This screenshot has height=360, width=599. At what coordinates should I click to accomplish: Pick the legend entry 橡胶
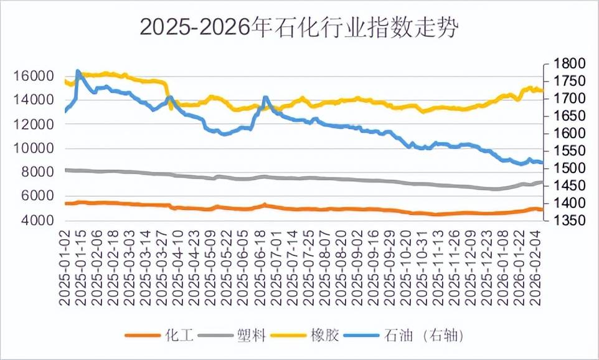[x=325, y=336]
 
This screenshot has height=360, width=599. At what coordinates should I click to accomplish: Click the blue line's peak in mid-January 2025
[x=78, y=70]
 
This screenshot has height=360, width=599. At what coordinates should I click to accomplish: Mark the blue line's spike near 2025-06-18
[x=265, y=97]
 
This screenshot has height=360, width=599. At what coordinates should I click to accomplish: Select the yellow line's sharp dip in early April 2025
[x=171, y=109]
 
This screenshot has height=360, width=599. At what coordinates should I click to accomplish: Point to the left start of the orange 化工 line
[x=65, y=204]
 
